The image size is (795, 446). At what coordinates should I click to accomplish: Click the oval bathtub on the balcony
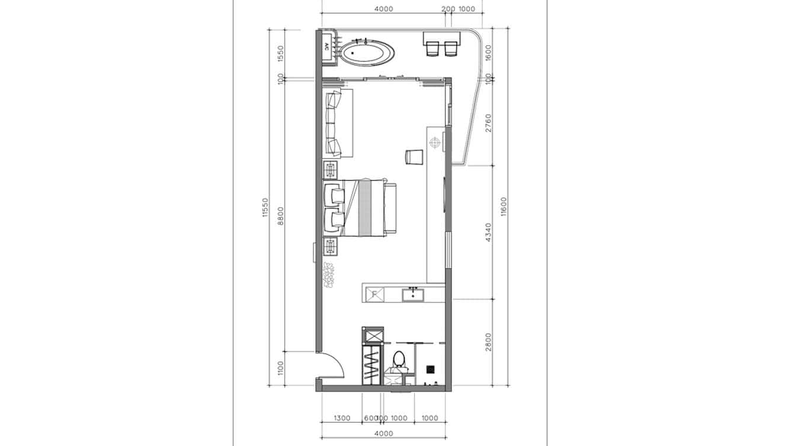click(367, 53)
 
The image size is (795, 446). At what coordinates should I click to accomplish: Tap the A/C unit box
click(327, 47)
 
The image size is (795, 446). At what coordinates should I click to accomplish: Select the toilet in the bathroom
click(399, 360)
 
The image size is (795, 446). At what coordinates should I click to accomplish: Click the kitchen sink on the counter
click(413, 294)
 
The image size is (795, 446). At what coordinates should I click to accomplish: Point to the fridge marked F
click(374, 293)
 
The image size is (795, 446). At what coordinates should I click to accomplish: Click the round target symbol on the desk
click(435, 142)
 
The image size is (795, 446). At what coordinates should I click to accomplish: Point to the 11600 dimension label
click(504, 207)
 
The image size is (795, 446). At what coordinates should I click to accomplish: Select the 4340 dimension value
click(488, 232)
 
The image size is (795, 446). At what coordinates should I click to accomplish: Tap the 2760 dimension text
click(488, 122)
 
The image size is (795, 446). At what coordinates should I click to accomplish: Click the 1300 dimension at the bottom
click(342, 418)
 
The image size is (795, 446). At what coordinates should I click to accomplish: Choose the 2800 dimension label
click(488, 342)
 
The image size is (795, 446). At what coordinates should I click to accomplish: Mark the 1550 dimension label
click(281, 54)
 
